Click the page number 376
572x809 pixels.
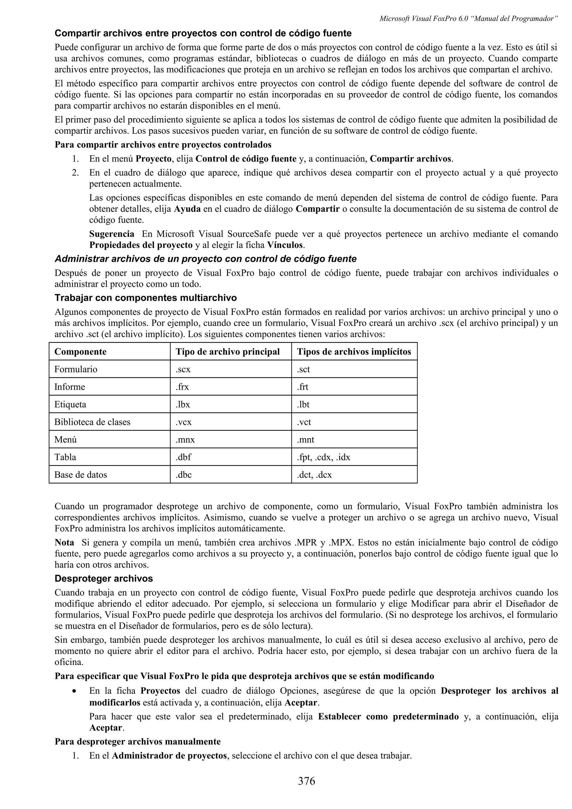point(306,781)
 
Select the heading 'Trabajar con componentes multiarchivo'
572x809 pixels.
point(146,298)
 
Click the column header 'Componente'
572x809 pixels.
point(80,352)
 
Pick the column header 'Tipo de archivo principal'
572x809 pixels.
point(228,352)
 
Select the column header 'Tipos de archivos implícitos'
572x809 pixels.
point(354,352)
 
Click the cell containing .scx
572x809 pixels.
point(183,369)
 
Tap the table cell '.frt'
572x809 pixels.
point(302,387)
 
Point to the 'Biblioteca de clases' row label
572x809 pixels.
point(92,422)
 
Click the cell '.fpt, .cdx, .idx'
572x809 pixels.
point(323,457)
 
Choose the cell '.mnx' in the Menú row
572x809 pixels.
point(185,440)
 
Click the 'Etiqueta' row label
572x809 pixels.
point(70,404)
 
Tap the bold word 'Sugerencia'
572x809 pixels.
point(111,234)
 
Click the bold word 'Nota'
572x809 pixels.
point(64,542)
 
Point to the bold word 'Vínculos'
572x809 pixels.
point(285,245)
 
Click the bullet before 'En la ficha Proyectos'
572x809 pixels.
point(75,691)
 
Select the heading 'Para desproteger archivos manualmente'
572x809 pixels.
point(137,742)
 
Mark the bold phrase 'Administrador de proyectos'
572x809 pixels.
point(169,756)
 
